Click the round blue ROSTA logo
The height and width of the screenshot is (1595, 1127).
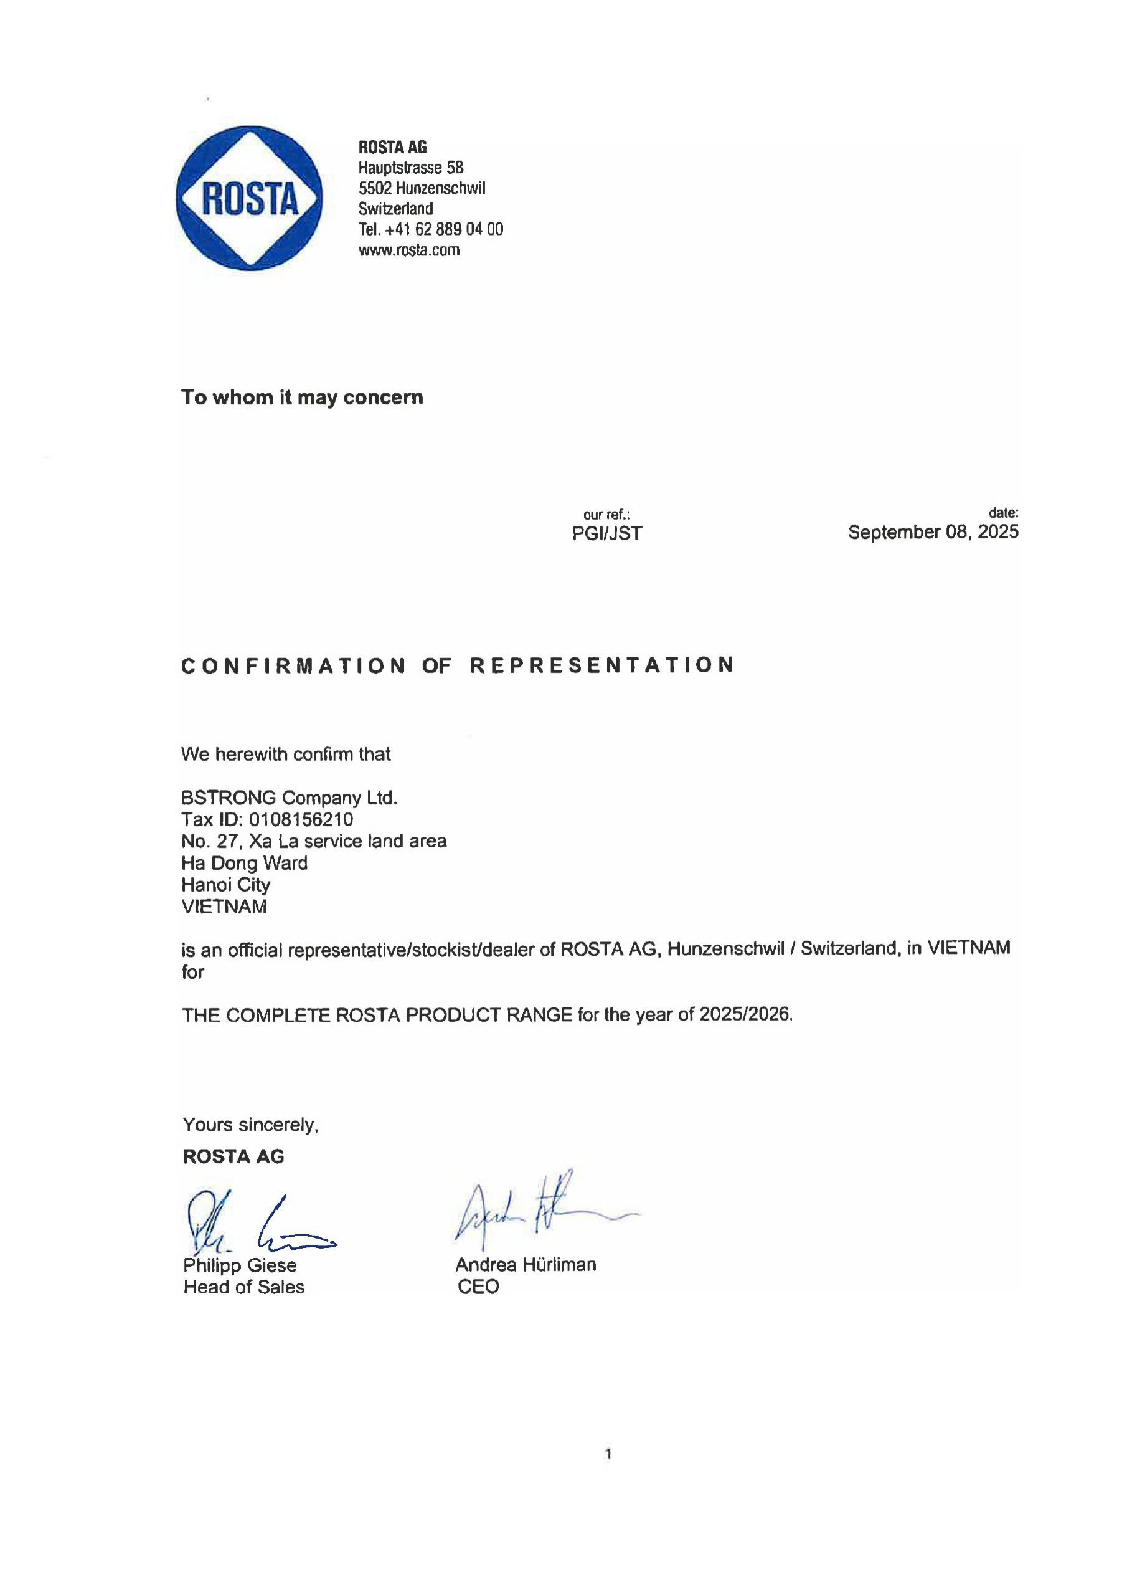click(x=249, y=198)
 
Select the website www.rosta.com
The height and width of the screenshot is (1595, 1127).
click(x=409, y=250)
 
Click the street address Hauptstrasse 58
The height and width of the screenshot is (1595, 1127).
click(x=410, y=168)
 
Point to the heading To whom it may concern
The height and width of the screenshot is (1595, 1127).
click(x=302, y=398)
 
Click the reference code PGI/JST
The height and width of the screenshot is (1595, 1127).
click(x=607, y=533)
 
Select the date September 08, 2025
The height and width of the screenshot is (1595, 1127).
click(x=933, y=532)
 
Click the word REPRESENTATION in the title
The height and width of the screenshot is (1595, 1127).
click(x=602, y=665)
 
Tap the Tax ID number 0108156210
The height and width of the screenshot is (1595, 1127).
click(x=301, y=820)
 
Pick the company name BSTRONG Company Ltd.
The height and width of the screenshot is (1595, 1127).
click(x=289, y=797)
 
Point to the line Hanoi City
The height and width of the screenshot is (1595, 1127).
click(x=225, y=884)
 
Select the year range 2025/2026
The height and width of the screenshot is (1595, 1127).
click(x=745, y=1014)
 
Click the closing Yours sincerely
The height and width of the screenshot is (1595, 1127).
click(x=250, y=1125)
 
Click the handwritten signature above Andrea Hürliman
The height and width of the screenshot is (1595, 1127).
click(x=535, y=1212)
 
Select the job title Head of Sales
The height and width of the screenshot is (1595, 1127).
click(x=243, y=1287)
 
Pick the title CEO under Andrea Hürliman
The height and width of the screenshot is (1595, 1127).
click(x=478, y=1287)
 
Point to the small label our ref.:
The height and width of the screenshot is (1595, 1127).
click(x=606, y=515)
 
